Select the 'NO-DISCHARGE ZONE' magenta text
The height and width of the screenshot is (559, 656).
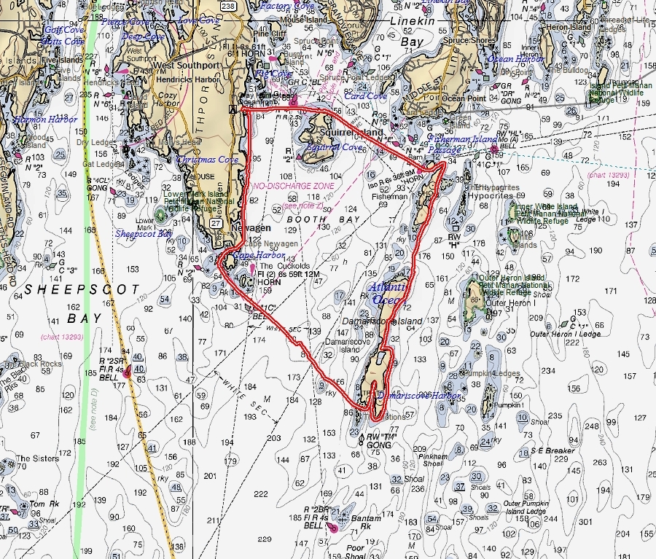tap(293, 187)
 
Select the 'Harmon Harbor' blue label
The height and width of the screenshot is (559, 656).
tap(44, 120)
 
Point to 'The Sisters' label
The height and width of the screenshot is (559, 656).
tap(33, 459)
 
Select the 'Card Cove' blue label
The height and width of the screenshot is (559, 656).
tap(365, 96)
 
